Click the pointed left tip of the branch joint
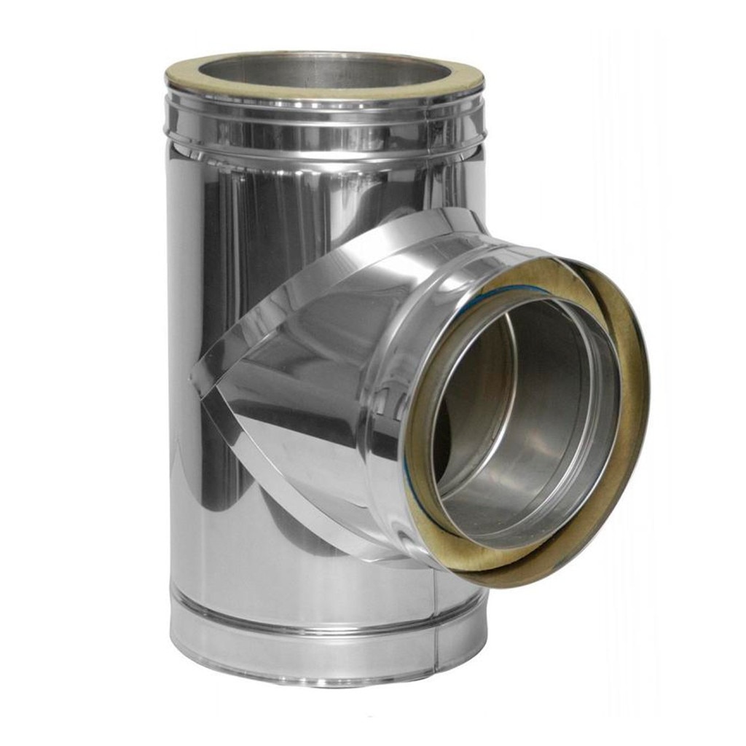click(194, 376)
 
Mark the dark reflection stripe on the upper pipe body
click(240, 219)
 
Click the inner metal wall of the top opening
click(291, 73)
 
